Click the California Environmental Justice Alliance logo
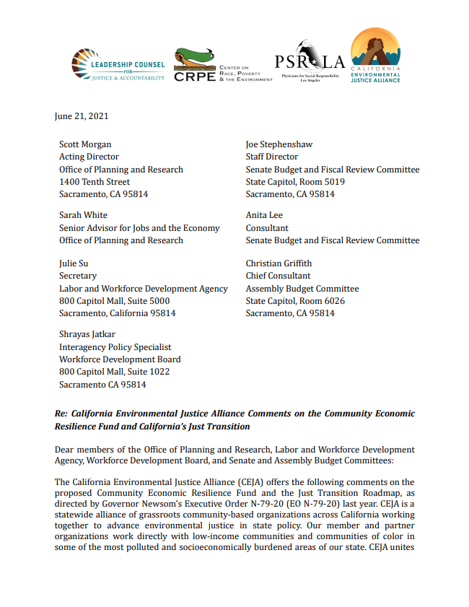click(x=375, y=56)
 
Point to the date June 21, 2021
click(x=82, y=115)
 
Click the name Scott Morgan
click(x=84, y=144)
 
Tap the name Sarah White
click(x=83, y=215)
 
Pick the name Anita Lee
click(x=264, y=215)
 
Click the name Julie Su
click(x=74, y=263)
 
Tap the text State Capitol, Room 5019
click(x=295, y=182)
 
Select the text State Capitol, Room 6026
click(x=295, y=301)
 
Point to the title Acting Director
click(x=89, y=157)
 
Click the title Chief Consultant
click(x=278, y=276)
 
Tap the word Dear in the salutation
click(x=66, y=450)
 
